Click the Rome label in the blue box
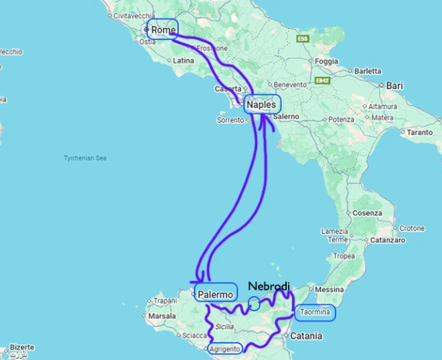[163, 30]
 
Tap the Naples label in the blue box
[262, 104]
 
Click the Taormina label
[316, 313]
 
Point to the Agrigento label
[224, 349]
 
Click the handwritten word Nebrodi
[269, 286]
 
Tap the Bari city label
[395, 85]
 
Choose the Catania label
[306, 336]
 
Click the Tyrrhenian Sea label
[85, 158]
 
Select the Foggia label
[327, 61]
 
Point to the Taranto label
[420, 132]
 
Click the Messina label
[329, 290]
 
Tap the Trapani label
[164, 301]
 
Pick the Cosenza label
[368, 213]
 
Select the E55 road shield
[302, 39]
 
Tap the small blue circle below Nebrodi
[254, 303]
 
